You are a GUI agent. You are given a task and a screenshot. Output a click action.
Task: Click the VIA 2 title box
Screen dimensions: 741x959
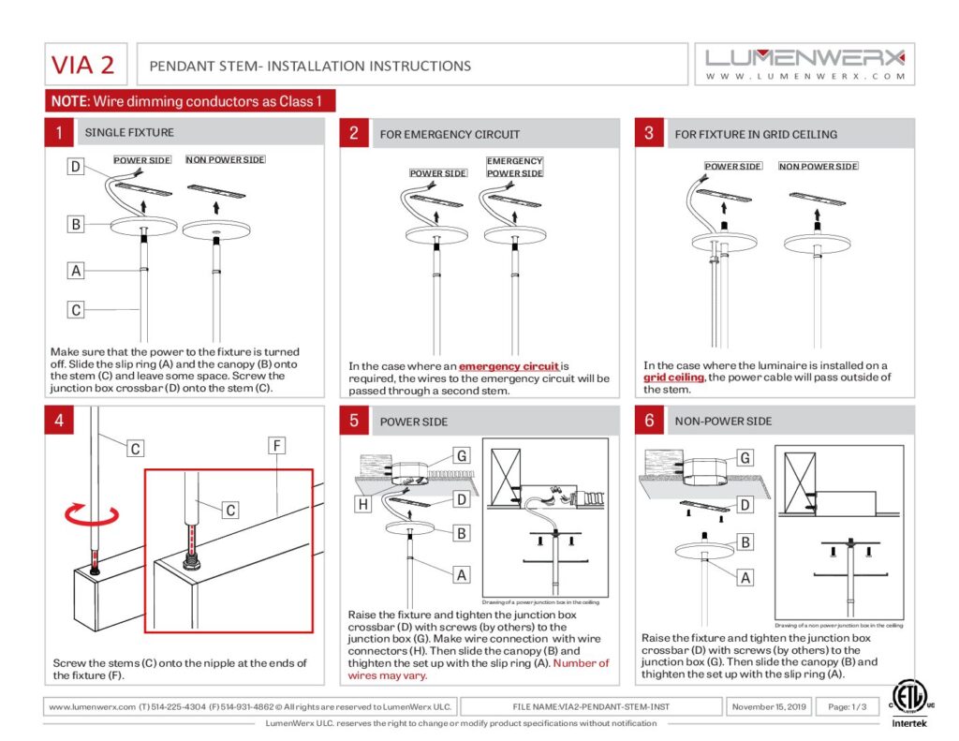[83, 65]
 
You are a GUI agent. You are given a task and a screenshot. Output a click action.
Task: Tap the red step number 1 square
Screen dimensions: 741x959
[58, 133]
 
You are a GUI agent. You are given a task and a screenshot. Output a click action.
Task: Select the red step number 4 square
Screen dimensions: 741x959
[58, 421]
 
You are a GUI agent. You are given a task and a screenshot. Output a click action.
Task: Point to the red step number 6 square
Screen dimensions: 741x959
[648, 421]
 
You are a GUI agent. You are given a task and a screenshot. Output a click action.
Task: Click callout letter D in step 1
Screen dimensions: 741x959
[76, 168]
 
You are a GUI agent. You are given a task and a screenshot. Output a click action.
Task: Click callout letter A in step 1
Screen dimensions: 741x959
[76, 271]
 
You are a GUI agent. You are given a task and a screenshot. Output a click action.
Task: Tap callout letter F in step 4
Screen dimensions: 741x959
[277, 446]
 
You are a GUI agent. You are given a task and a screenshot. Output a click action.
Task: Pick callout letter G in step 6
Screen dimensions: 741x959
[745, 458]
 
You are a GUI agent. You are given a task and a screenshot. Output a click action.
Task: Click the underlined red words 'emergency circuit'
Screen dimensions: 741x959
[509, 366]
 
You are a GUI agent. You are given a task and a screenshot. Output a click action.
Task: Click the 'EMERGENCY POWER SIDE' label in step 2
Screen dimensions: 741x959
[514, 168]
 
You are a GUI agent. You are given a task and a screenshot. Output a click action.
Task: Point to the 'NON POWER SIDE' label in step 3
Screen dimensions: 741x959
[818, 167]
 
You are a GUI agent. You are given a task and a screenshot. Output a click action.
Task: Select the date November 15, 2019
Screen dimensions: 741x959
[769, 706]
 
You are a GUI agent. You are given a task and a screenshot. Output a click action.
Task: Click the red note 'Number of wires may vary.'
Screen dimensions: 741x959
[478, 669]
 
